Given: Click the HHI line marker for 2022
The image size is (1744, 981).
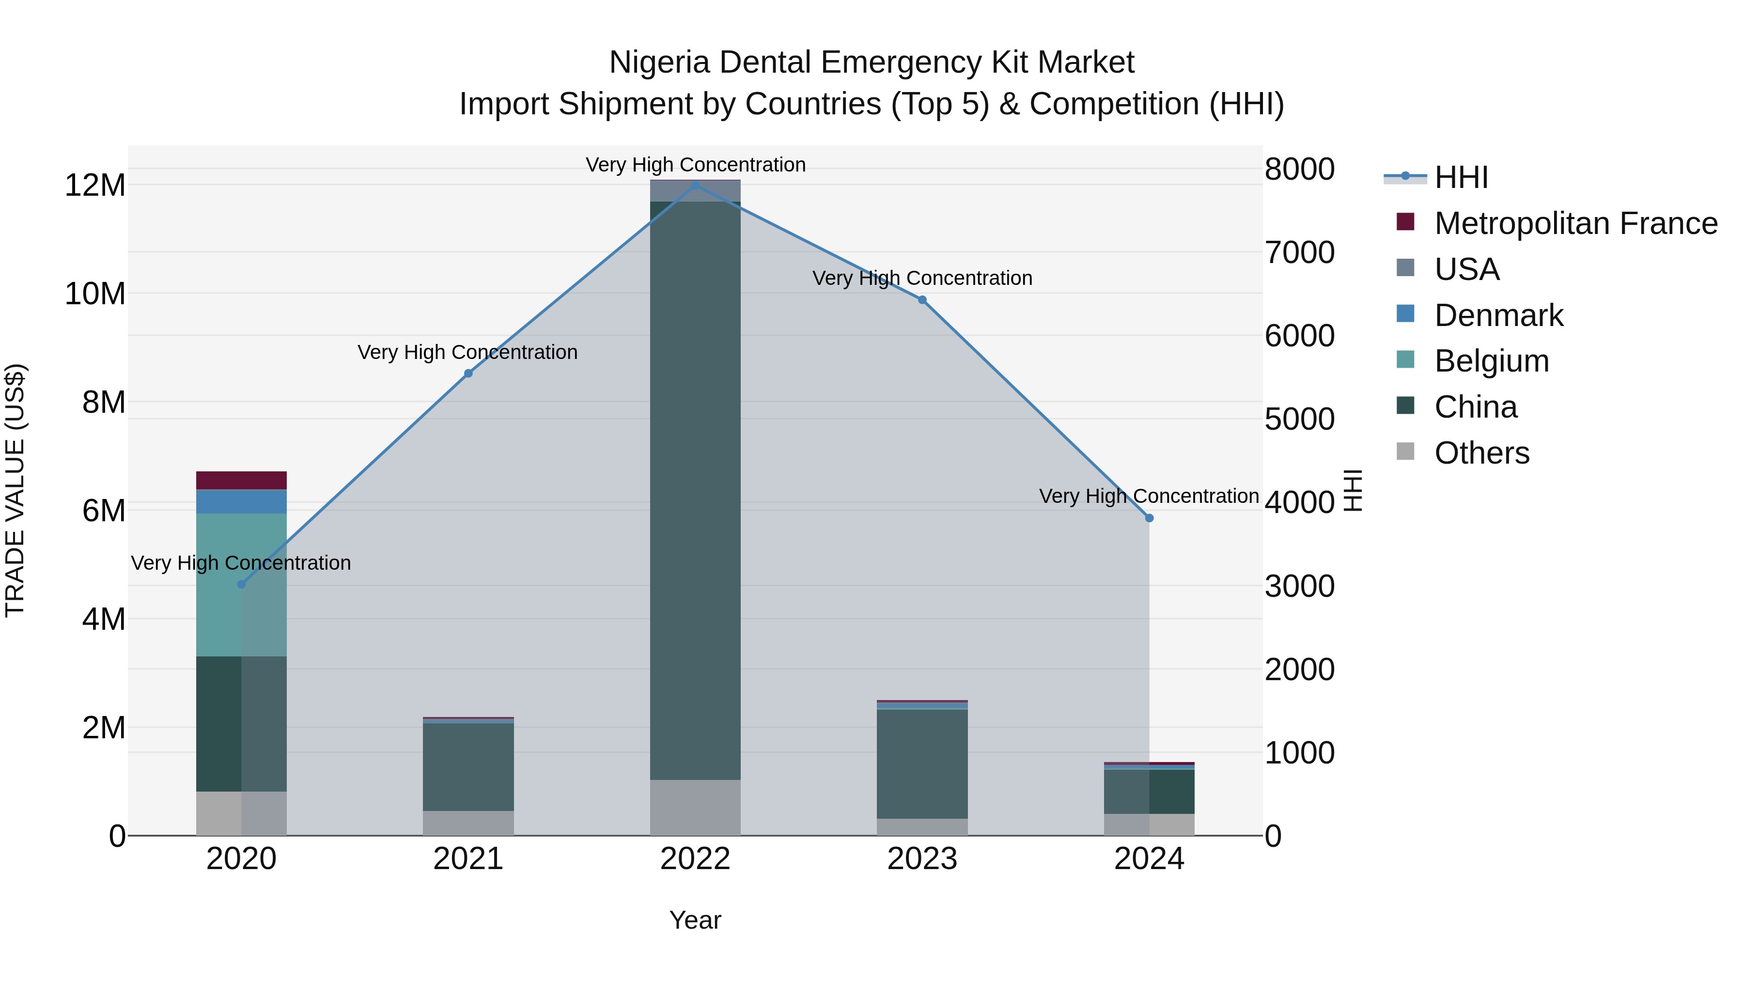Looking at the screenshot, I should click(695, 185).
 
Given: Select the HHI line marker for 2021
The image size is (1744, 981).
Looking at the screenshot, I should click(468, 373).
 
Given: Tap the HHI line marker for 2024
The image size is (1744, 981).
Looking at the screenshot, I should click(1149, 518).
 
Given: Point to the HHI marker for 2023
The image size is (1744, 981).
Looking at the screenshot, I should click(922, 300).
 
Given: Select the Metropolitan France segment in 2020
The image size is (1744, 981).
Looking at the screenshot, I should click(241, 480).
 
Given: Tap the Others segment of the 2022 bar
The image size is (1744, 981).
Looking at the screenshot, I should click(695, 807).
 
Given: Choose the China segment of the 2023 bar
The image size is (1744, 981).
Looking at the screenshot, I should click(922, 763).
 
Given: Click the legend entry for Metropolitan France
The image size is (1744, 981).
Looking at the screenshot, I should click(1575, 223).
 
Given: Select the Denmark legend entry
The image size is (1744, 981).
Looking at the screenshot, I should click(1498, 315).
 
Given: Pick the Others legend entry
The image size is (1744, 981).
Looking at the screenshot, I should click(1481, 453).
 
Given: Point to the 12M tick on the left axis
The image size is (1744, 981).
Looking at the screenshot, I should click(95, 185).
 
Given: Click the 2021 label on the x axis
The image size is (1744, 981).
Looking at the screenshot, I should click(468, 859).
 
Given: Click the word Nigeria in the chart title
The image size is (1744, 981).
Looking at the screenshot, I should click(659, 62).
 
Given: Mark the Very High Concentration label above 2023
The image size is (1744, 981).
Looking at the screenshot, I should click(922, 278).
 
